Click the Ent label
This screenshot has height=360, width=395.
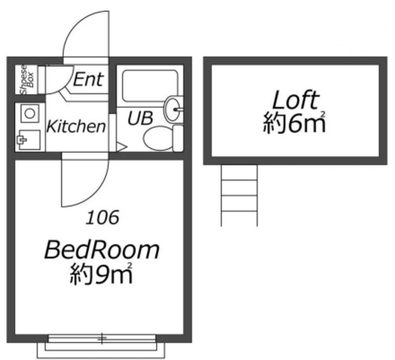(88, 79)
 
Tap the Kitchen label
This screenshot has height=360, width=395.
(76, 126)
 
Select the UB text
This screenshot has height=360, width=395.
(140, 118)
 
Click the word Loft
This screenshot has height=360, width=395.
(296, 100)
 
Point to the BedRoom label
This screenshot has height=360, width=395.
(102, 249)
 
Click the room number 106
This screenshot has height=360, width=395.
(102, 217)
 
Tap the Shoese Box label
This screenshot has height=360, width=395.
(27, 80)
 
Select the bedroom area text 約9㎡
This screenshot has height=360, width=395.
(101, 274)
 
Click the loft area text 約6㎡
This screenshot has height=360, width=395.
(294, 122)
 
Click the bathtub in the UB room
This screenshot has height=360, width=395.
(150, 86)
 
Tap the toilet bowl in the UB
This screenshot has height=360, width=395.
(158, 138)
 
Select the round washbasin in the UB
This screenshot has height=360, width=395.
(173, 109)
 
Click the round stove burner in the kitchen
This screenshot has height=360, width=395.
(30, 113)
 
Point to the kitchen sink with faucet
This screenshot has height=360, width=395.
(29, 140)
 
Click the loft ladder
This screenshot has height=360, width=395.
(239, 196)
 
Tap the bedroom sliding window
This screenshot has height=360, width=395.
(102, 338)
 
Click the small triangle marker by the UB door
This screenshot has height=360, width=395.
(122, 147)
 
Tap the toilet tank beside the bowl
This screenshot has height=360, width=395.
(178, 138)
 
